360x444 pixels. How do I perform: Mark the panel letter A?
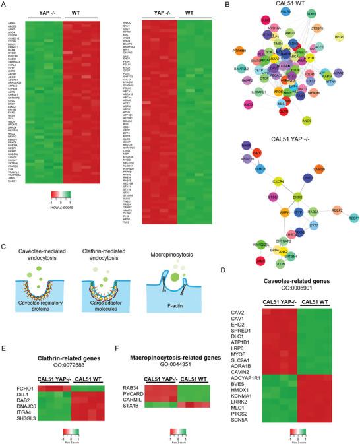[5, 5]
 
